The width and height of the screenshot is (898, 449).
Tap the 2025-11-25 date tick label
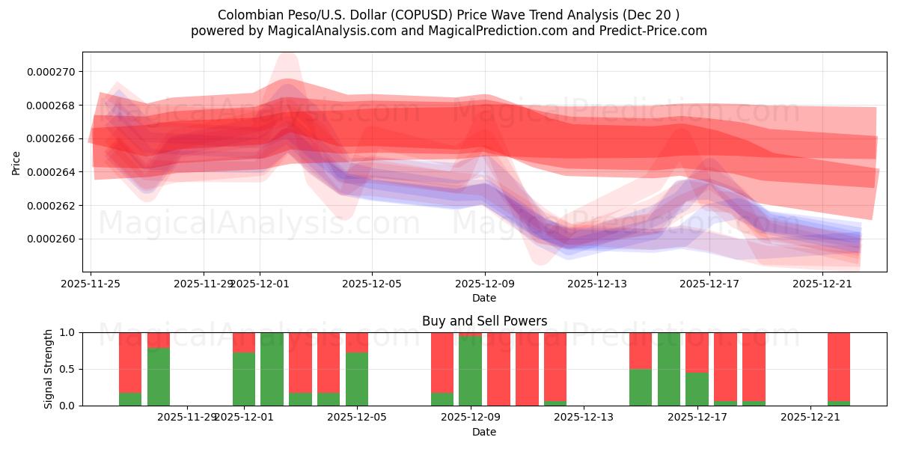[x=91, y=284]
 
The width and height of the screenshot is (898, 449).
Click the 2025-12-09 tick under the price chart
[x=485, y=284]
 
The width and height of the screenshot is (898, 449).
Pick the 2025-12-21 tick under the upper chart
[x=822, y=284]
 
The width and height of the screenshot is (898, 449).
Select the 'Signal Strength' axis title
[x=49, y=369]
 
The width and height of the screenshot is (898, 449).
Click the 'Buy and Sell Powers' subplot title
[x=484, y=321]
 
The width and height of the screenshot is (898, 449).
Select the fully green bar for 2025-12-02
[x=272, y=369]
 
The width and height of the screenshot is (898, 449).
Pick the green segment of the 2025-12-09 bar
[x=470, y=370]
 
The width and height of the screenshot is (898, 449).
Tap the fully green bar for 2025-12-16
[x=668, y=369]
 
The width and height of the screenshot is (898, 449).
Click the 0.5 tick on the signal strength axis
[x=67, y=369]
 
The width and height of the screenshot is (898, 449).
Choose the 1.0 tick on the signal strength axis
[x=67, y=332]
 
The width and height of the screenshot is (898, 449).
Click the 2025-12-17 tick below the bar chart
[x=697, y=417]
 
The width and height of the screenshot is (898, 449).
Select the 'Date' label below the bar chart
[x=484, y=432]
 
